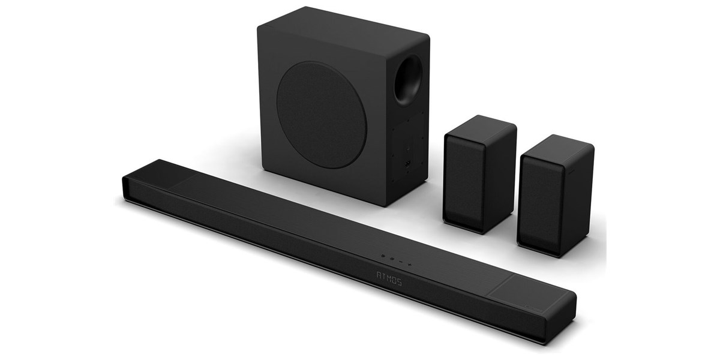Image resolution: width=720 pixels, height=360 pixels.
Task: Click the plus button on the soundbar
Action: [x=409, y=265]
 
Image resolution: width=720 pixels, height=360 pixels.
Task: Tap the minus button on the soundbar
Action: [x=401, y=262]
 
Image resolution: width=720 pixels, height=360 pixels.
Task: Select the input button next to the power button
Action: [x=392, y=259]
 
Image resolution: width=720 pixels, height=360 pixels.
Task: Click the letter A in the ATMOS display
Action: [x=379, y=274]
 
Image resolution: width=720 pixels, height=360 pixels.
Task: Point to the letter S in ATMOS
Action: [x=399, y=282]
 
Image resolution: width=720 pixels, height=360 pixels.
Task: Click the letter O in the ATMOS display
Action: [x=394, y=280]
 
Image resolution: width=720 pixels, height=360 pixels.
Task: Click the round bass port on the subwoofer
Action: [x=407, y=80]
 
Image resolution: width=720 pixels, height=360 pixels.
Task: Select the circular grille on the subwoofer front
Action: [x=321, y=115]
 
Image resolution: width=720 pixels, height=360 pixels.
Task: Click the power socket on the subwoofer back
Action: [x=408, y=164]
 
